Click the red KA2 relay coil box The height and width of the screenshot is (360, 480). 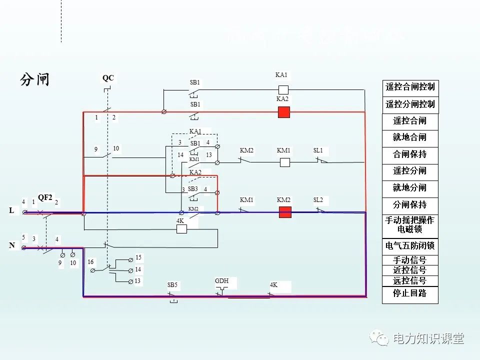click(x=284, y=112)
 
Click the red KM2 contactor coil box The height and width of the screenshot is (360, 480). click(x=285, y=212)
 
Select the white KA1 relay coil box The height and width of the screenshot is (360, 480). click(x=283, y=90)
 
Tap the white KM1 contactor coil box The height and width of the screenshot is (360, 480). click(x=285, y=162)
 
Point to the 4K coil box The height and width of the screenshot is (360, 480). click(x=181, y=229)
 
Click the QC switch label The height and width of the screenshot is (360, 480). click(x=108, y=78)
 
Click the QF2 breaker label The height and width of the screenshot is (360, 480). click(x=45, y=197)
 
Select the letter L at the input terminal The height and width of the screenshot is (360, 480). click(x=11, y=211)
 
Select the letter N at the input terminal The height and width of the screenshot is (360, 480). click(x=11, y=245)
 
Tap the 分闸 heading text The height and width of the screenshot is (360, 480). click(x=35, y=79)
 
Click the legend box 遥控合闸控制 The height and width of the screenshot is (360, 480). click(x=410, y=87)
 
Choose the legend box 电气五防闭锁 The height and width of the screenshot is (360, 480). click(x=410, y=245)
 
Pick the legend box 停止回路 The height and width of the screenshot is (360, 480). click(x=410, y=293)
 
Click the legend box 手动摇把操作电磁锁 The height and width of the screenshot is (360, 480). click(x=410, y=225)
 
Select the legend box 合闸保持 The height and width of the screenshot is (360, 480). click(x=410, y=154)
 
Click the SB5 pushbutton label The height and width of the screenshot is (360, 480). click(x=172, y=285)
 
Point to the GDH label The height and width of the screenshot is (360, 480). click(x=221, y=281)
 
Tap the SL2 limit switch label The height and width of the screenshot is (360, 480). click(x=318, y=200)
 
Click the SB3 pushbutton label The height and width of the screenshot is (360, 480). click(x=193, y=189)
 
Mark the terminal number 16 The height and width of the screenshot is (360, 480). click(x=90, y=262)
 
